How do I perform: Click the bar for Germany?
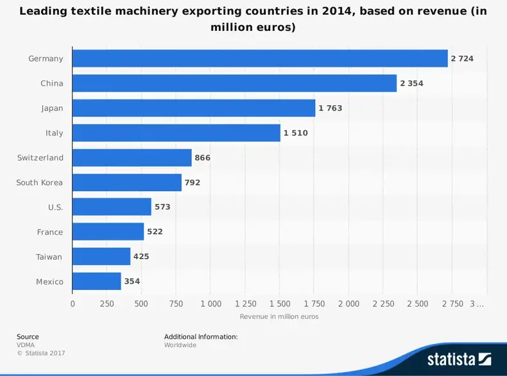click(260, 58)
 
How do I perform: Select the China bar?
click(234, 83)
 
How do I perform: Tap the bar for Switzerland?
click(132, 158)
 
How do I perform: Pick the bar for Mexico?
click(96, 281)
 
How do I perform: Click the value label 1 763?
click(331, 108)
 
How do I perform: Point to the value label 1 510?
click(296, 133)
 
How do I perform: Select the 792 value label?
click(193, 183)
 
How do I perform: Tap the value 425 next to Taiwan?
click(142, 257)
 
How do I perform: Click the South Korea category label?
click(40, 183)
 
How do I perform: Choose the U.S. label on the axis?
click(55, 207)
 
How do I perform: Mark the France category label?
click(50, 232)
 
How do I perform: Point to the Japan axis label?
click(52, 108)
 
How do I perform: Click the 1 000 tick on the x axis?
click(211, 303)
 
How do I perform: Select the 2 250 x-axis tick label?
click(383, 303)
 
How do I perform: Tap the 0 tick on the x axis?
click(73, 303)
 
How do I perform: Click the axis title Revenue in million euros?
click(279, 316)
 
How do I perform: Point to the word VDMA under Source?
click(26, 345)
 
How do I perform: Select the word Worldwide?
click(180, 345)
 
